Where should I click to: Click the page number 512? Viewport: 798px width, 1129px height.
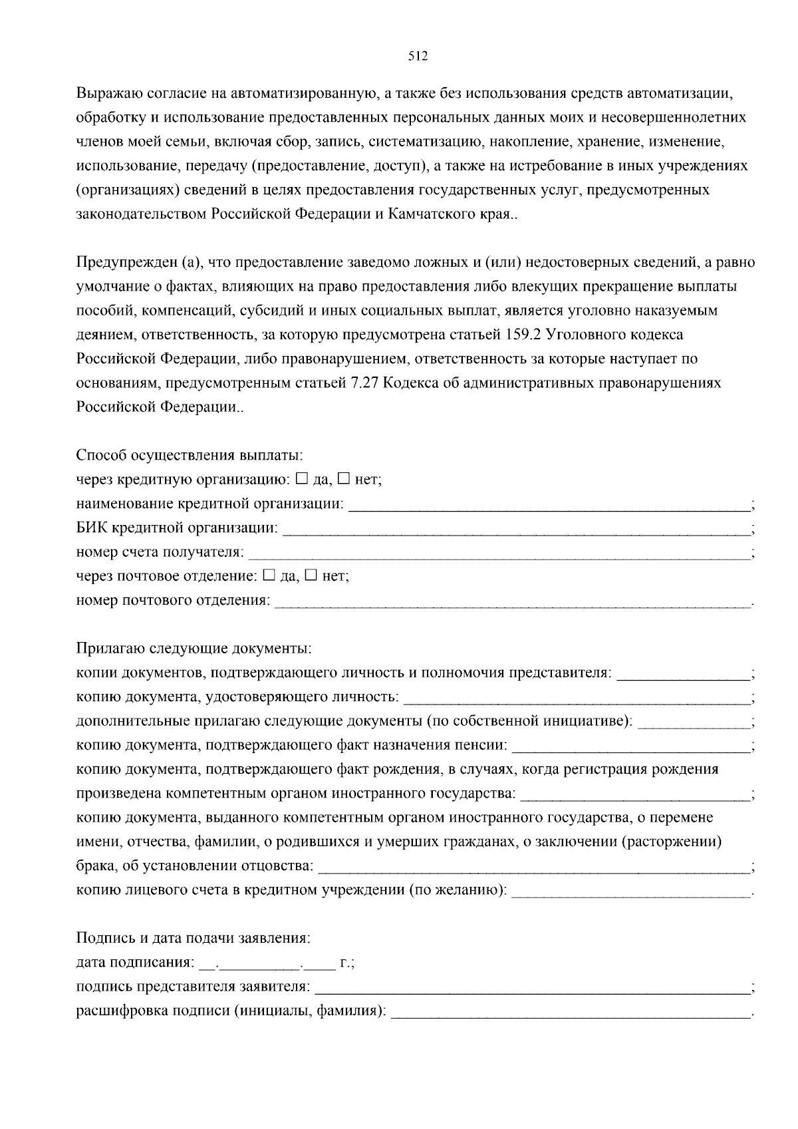[x=417, y=57]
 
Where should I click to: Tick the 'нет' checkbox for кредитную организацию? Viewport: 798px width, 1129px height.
[x=344, y=478]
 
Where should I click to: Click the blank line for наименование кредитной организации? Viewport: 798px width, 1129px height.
[x=549, y=506]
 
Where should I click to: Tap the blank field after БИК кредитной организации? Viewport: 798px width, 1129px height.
[x=516, y=530]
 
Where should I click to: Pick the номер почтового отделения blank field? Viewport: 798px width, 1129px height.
[x=512, y=603]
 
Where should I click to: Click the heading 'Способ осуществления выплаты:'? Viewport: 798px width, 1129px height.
[x=190, y=456]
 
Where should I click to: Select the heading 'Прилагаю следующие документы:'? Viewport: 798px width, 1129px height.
[x=194, y=648]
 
